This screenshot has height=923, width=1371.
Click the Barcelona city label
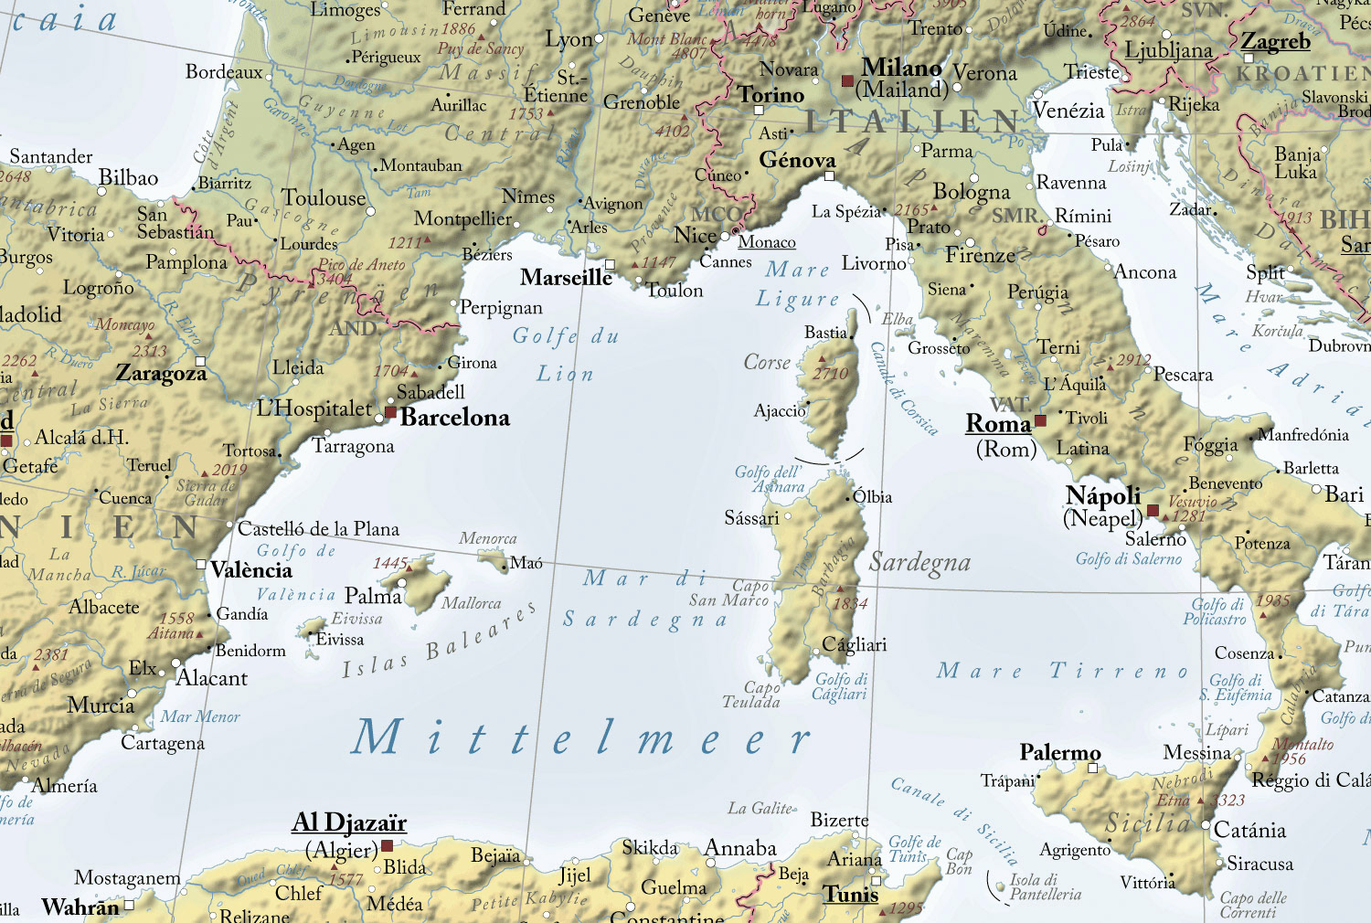pos(454,418)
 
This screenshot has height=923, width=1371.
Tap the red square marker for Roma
pos(1040,421)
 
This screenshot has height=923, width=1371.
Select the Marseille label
pos(566,277)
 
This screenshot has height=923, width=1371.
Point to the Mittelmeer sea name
pos(581,738)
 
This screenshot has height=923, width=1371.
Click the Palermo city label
pos(1060,752)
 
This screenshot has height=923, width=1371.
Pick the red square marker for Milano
pos(847,81)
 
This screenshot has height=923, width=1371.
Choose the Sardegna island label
pos(919,563)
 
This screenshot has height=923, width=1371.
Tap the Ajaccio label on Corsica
pos(780,411)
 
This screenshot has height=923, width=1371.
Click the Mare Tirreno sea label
pos(1063,672)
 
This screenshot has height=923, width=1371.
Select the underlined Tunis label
pos(850,894)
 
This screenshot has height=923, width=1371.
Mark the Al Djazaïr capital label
pos(349,822)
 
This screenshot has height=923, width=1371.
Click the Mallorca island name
pos(471,603)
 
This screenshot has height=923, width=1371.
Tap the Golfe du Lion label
pos(565,355)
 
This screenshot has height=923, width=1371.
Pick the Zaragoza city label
pos(161,374)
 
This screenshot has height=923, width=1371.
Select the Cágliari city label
pos(855,644)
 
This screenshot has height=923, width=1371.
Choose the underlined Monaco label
pos(767,242)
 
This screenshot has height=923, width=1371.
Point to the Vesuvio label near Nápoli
pos(1193,502)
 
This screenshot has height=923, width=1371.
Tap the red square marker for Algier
pos(387,846)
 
